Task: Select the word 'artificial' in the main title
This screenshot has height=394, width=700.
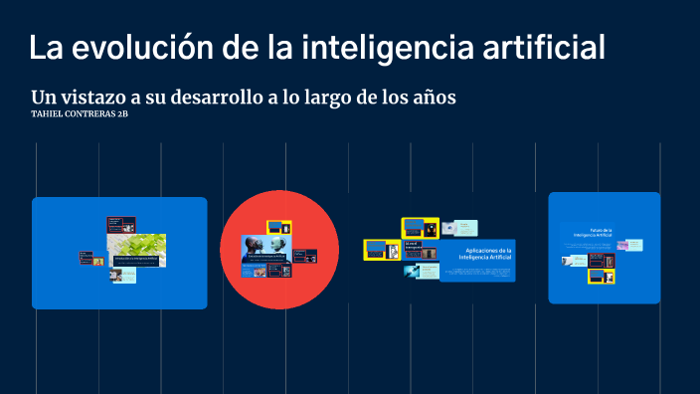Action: pos(538,47)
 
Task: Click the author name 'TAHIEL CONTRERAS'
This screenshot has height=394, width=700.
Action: pos(73,114)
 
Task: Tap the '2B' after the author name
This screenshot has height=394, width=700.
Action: pos(122,114)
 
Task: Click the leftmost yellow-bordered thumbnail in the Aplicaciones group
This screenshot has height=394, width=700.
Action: pos(375,249)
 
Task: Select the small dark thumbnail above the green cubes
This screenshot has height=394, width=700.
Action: pos(113,224)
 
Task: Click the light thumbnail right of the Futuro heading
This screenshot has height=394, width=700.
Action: pos(634,244)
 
